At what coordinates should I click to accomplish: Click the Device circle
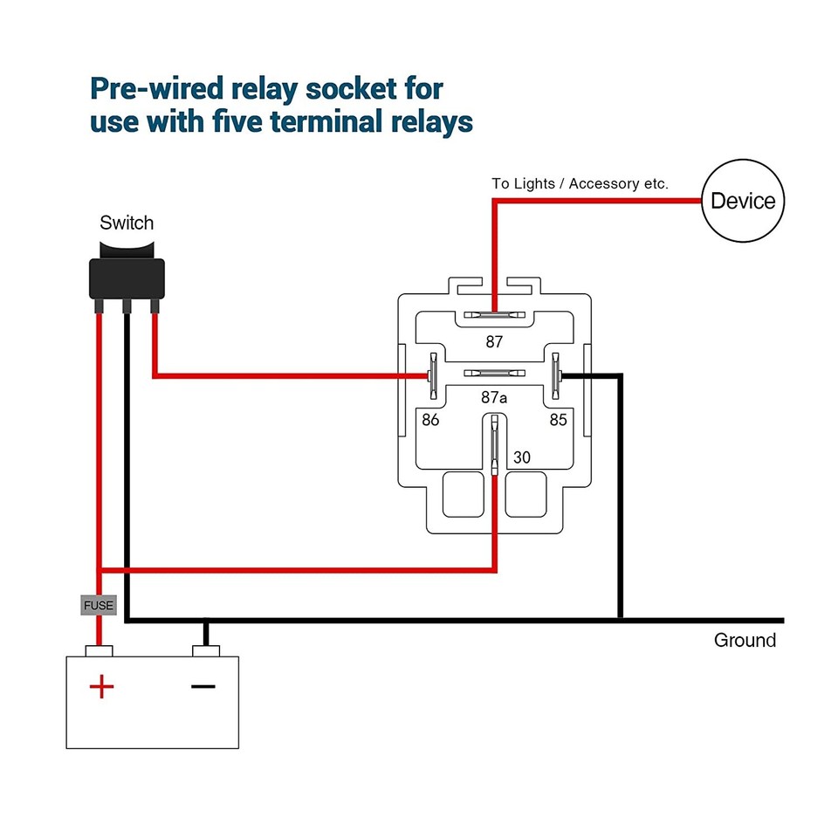point(743,201)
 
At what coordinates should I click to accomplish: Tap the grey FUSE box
point(99,604)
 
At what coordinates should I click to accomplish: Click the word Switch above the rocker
point(127,223)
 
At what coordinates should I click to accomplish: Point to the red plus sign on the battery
point(101,687)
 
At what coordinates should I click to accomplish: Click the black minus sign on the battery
point(203,687)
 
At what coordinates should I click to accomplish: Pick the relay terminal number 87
point(494,342)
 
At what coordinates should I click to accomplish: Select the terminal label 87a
point(494,397)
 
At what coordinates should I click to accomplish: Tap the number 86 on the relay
point(430,420)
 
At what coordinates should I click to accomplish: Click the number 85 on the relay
point(558,420)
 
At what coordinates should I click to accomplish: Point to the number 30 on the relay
point(522,456)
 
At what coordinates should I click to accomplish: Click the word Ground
point(745,641)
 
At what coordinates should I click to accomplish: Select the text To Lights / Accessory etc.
point(580,184)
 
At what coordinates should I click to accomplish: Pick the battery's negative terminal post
point(206,650)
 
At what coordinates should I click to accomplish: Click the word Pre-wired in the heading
point(155,89)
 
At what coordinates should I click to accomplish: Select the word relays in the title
point(427,121)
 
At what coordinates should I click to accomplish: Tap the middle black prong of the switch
point(127,306)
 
